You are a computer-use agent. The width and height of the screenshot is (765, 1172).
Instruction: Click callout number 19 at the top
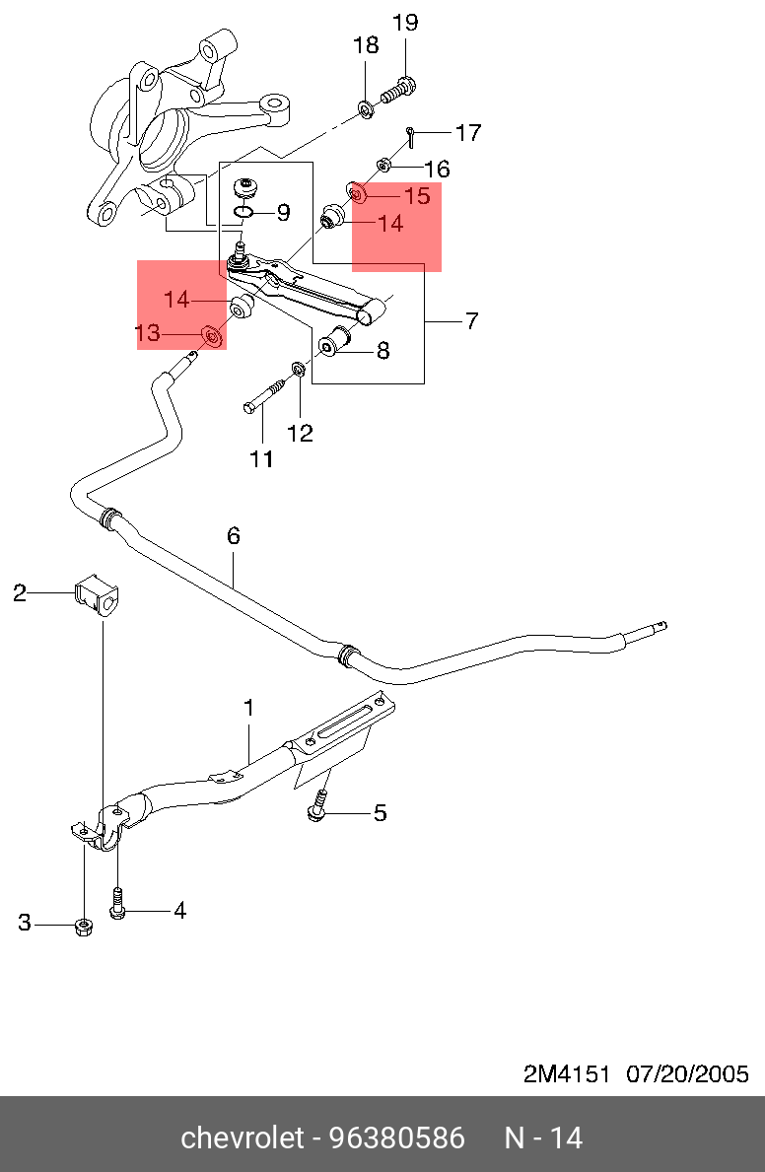pyautogui.click(x=405, y=24)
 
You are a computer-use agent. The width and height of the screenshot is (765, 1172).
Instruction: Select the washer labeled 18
pyautogui.click(x=366, y=109)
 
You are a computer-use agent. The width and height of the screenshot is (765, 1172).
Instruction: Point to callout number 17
pyautogui.click(x=468, y=133)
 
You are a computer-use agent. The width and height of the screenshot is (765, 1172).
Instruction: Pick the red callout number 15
pyautogui.click(x=417, y=196)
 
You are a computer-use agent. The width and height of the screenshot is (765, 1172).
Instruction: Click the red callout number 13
pyautogui.click(x=148, y=332)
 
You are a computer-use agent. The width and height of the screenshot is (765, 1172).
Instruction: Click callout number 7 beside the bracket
pyautogui.click(x=471, y=321)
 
